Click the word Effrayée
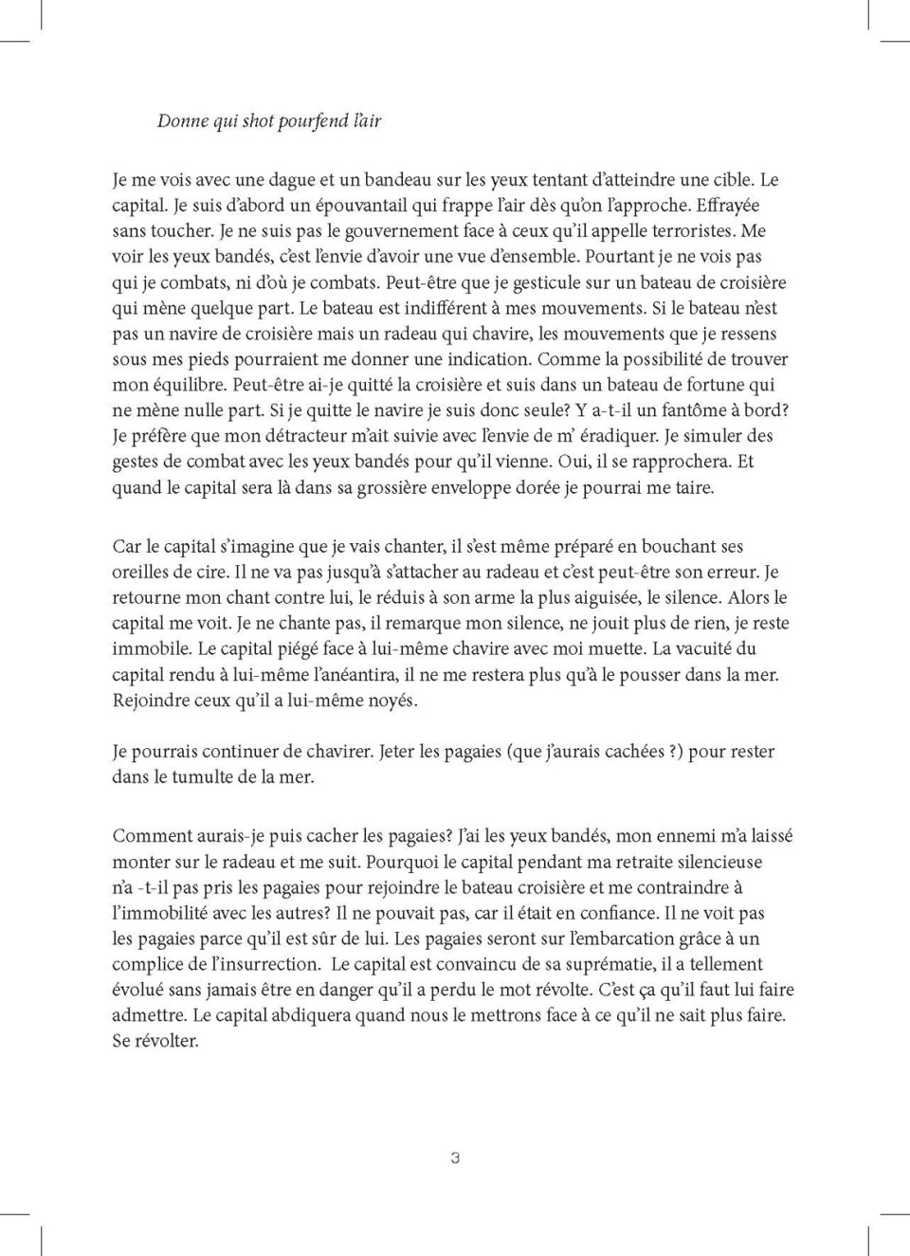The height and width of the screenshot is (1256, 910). (728, 205)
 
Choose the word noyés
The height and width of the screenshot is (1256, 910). (392, 701)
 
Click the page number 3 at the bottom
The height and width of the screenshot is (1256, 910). (455, 1158)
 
